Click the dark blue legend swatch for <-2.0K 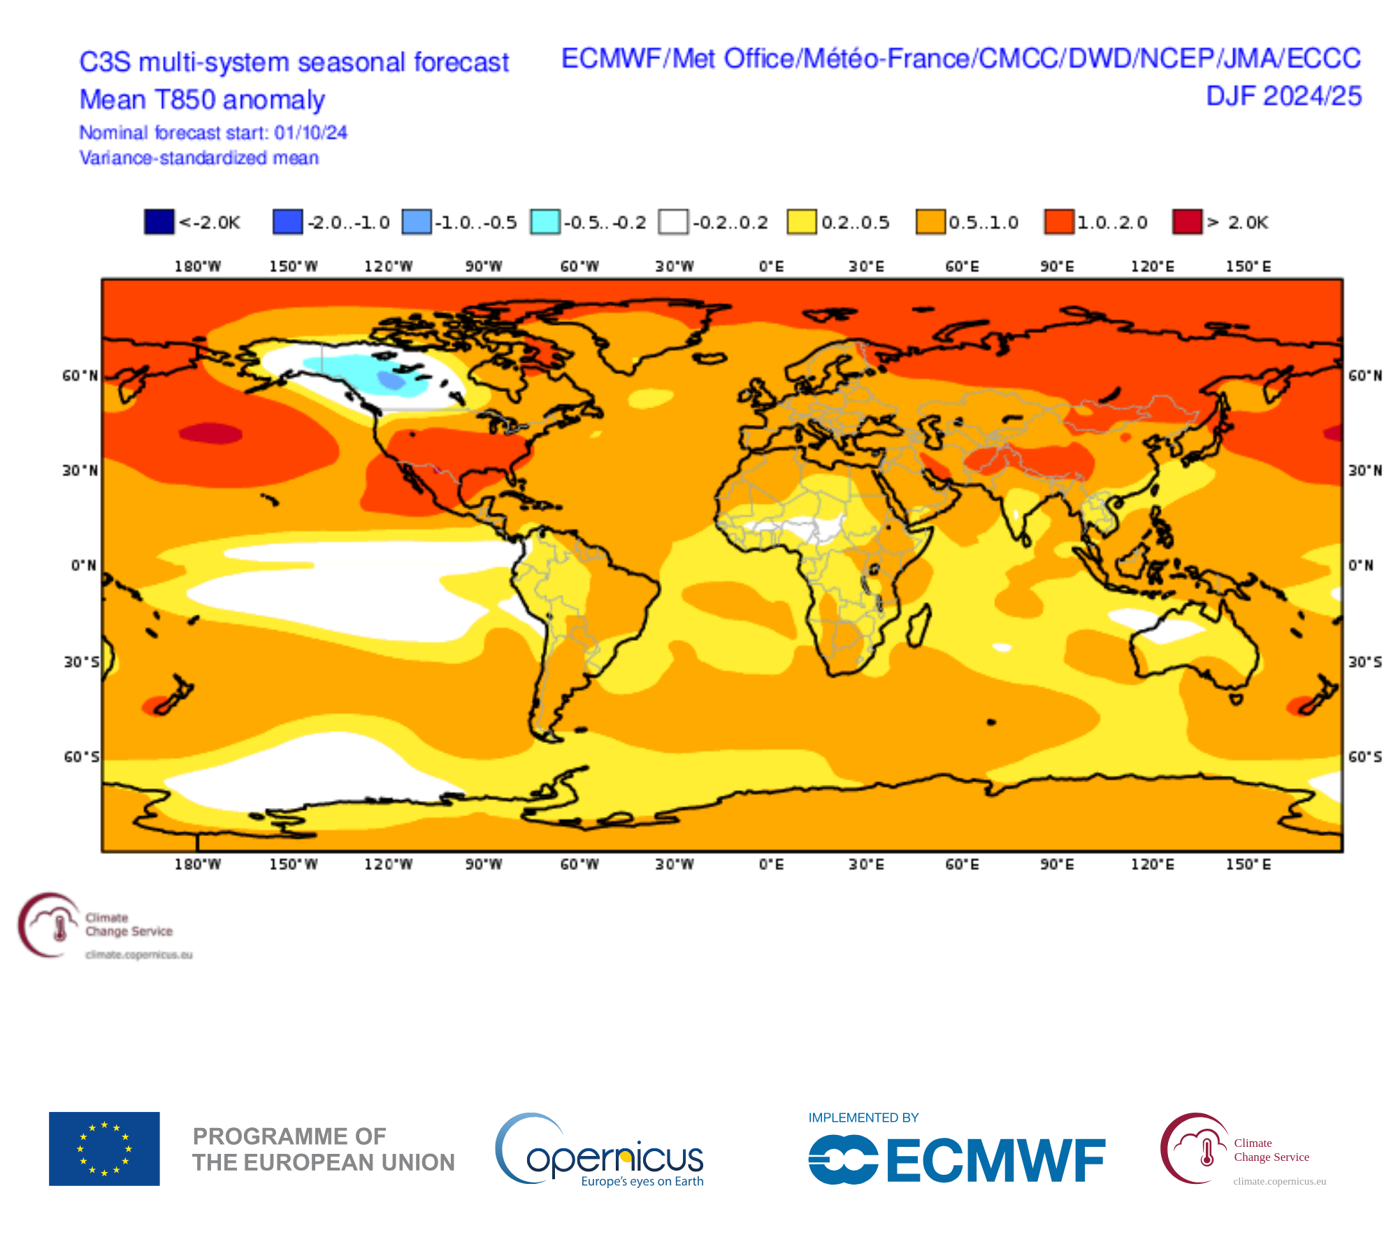[x=159, y=222]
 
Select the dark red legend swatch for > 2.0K [x=1187, y=222]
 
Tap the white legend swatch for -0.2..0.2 [x=673, y=222]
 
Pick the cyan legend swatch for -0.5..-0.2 [x=545, y=222]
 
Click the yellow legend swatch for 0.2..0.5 [x=802, y=222]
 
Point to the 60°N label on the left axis [x=80, y=376]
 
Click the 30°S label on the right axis [x=1364, y=662]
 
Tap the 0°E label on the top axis [x=771, y=266]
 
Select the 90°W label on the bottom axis [x=484, y=865]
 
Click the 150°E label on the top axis [x=1248, y=266]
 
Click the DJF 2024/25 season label [x=1283, y=96]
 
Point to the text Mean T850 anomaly [x=202, y=100]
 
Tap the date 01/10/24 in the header [x=310, y=133]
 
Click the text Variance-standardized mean [x=199, y=158]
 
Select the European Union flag [x=104, y=1148]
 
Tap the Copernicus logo [x=600, y=1151]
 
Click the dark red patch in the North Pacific [x=210, y=433]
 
